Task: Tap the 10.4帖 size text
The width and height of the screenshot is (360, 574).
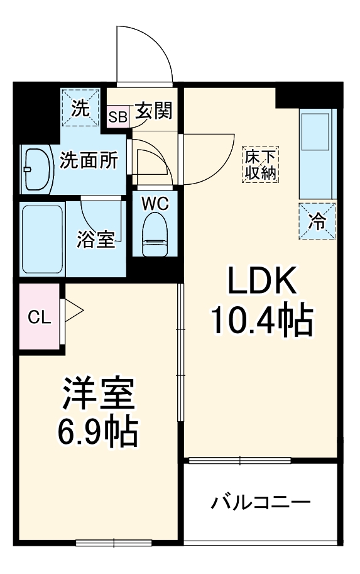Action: (x=261, y=321)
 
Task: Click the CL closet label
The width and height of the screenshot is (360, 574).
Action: (x=39, y=317)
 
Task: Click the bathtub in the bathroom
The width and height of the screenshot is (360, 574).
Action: (x=41, y=240)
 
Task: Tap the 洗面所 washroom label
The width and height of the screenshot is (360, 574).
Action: (x=89, y=162)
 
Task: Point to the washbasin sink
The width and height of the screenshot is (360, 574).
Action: (x=38, y=168)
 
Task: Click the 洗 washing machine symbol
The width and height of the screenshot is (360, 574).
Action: (x=80, y=108)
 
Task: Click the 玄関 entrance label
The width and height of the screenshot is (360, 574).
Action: (x=153, y=111)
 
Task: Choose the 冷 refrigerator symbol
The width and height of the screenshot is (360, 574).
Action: (x=317, y=221)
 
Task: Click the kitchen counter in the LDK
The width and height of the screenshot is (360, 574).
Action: (x=317, y=154)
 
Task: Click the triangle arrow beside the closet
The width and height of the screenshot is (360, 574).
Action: (x=73, y=309)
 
